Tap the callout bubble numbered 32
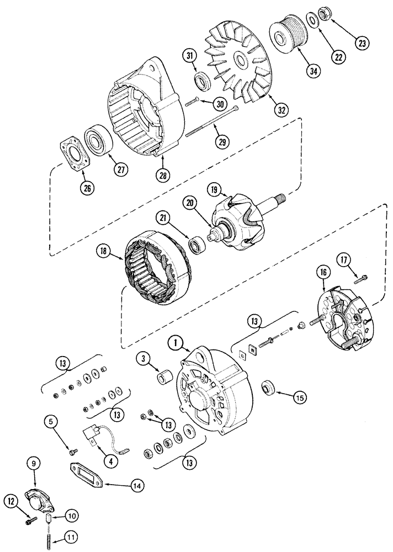pos(282,110)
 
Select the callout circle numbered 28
pos(164,175)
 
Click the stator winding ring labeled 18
pos(151,270)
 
